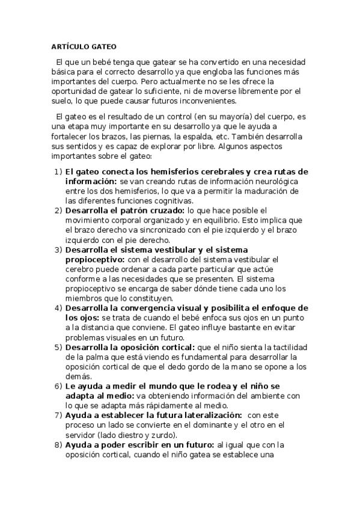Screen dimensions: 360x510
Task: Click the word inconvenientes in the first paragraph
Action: [206, 100]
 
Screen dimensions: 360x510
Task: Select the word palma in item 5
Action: [87, 357]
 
